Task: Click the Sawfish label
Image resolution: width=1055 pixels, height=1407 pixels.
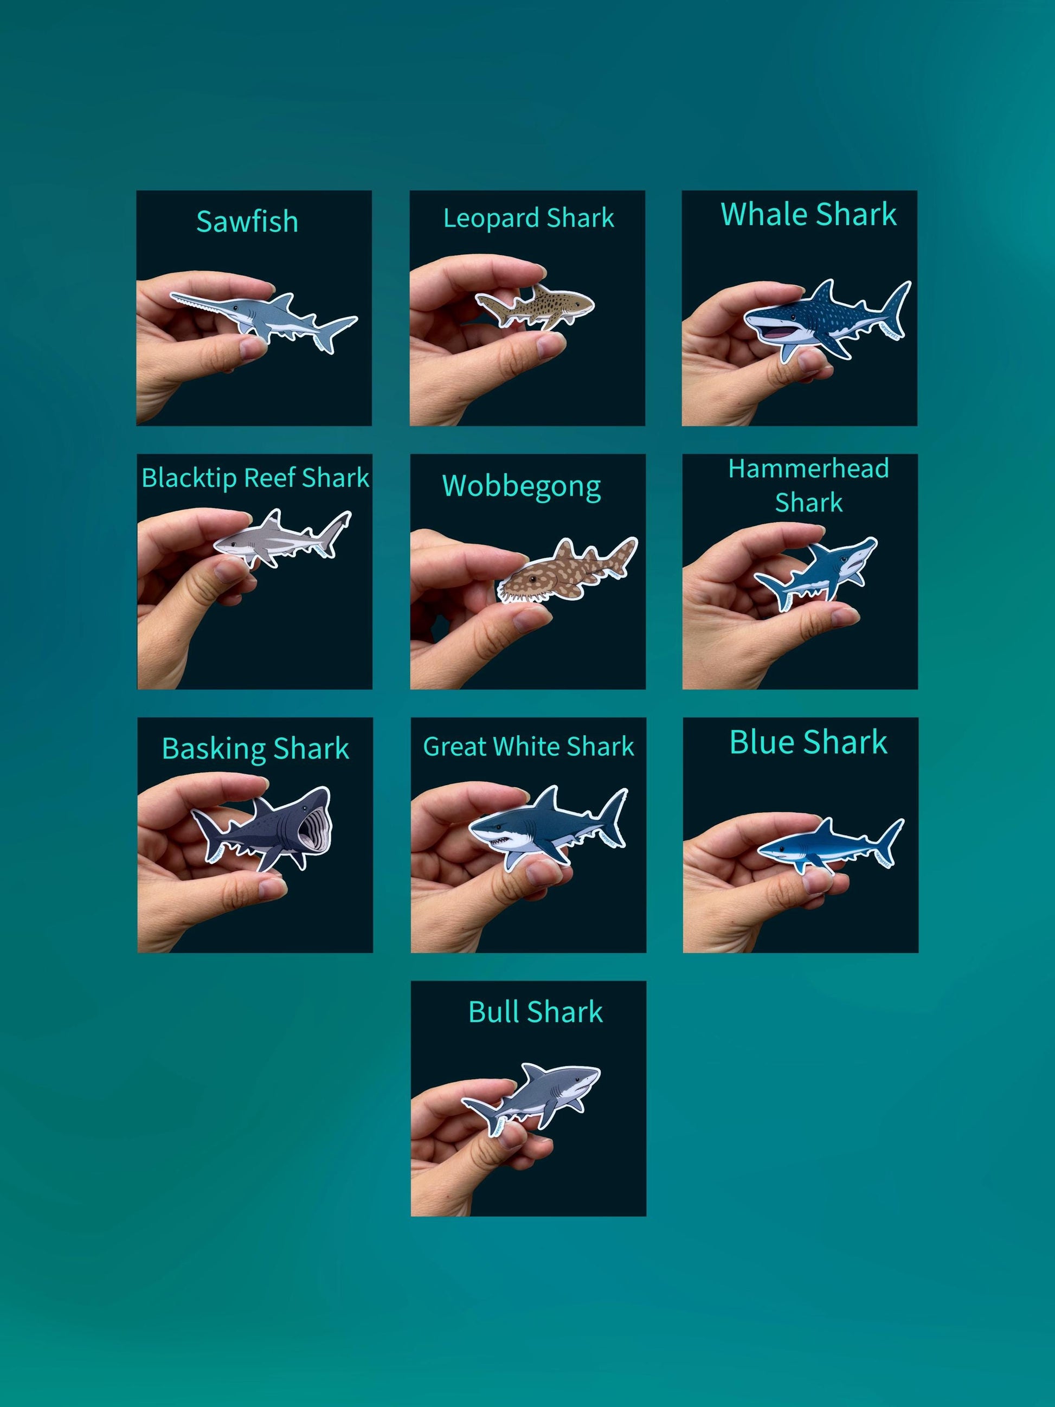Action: pyautogui.click(x=247, y=221)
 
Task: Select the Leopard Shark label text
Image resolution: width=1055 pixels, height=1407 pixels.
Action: pyautogui.click(x=529, y=218)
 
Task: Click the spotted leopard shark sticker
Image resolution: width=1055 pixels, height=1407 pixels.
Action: pyautogui.click(x=535, y=306)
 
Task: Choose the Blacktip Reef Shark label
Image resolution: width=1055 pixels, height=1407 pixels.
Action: pyautogui.click(x=255, y=478)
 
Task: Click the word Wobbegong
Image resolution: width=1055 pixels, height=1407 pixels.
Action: pyautogui.click(x=522, y=487)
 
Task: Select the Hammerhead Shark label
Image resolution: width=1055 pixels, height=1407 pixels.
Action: pyautogui.click(x=808, y=486)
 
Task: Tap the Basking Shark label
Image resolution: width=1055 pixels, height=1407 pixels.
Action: pyautogui.click(x=255, y=749)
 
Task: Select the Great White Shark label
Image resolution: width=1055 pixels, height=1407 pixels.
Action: pyautogui.click(x=529, y=746)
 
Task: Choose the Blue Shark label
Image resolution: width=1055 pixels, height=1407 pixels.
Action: pyautogui.click(x=808, y=742)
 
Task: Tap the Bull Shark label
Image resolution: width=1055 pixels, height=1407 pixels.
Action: pyautogui.click(x=536, y=1011)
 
